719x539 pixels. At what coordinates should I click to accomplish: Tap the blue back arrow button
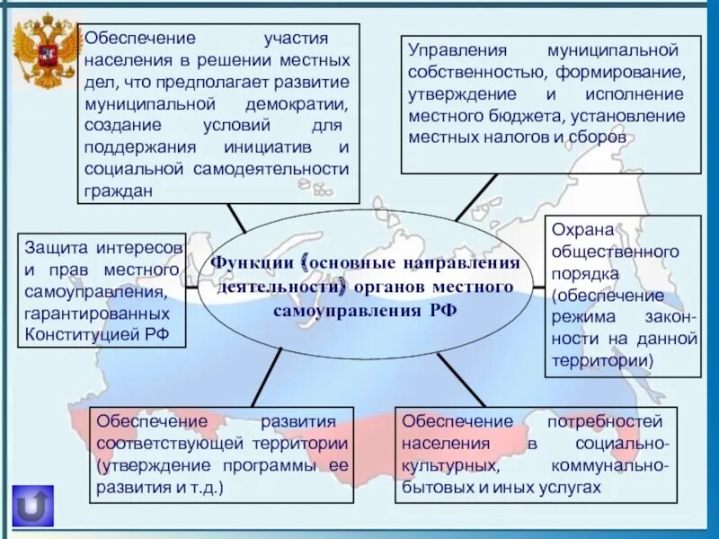[x=33, y=506]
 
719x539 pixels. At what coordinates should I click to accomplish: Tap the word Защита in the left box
[x=57, y=247]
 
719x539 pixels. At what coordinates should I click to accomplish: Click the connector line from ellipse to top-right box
[x=475, y=197]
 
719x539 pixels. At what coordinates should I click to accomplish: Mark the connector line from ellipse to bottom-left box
[x=267, y=378]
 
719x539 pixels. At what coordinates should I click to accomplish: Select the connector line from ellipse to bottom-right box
[x=461, y=379]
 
